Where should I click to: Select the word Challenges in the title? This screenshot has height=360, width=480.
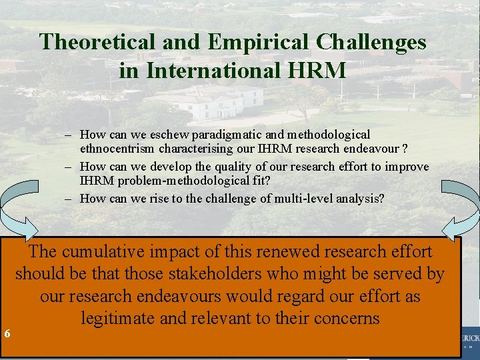pos(371,42)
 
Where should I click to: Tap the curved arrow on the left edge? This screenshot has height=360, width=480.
pos(17,210)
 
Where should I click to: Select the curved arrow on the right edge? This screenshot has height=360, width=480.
pos(464,210)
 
